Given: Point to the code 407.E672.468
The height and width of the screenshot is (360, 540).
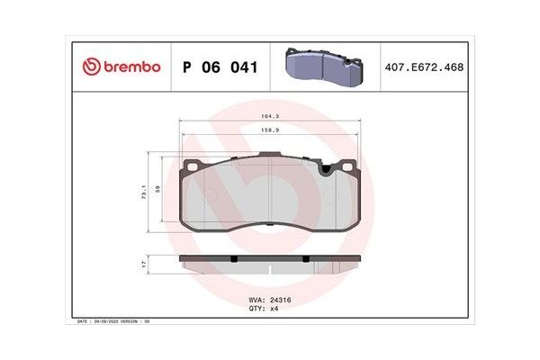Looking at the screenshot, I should click(426, 67).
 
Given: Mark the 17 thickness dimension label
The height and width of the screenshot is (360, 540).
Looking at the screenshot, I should click(145, 264).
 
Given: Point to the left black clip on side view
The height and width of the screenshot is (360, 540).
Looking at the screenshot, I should click(233, 258).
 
